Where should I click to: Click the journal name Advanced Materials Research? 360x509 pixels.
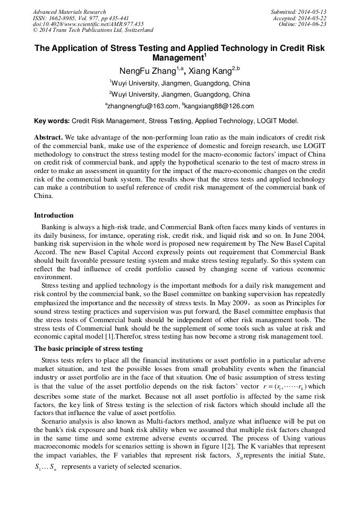pyautogui.click(x=69, y=12)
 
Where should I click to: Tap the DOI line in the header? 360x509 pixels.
pyautogui.click(x=88, y=24)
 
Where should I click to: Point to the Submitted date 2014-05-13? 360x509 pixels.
pyautogui.click(x=298, y=12)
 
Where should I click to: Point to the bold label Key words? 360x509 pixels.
pyautogui.click(x=52, y=121)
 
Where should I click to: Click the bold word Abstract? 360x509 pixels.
pyautogui.click(x=49, y=137)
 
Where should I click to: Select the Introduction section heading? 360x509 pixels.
pyautogui.click(x=54, y=215)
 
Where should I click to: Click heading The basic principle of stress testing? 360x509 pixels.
pyautogui.click(x=88, y=349)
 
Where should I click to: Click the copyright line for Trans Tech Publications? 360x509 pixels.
pyautogui.click(x=93, y=31)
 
